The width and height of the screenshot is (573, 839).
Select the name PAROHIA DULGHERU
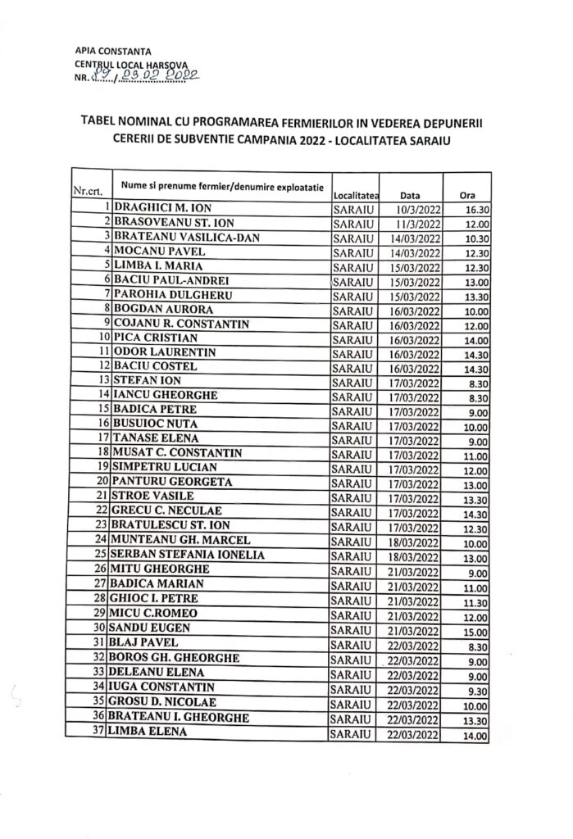(x=162, y=294)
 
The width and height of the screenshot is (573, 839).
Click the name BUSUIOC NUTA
(x=161, y=423)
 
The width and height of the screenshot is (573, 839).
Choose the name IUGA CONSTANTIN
(x=165, y=687)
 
